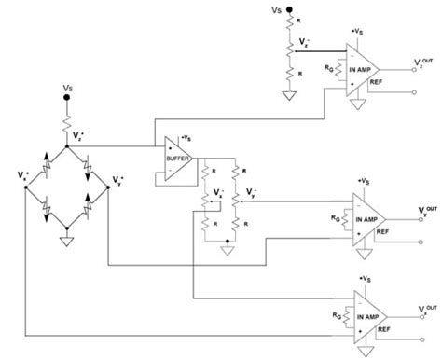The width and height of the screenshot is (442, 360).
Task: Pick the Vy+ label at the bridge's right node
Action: pos(117,176)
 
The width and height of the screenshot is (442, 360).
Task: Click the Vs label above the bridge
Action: pos(68,90)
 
